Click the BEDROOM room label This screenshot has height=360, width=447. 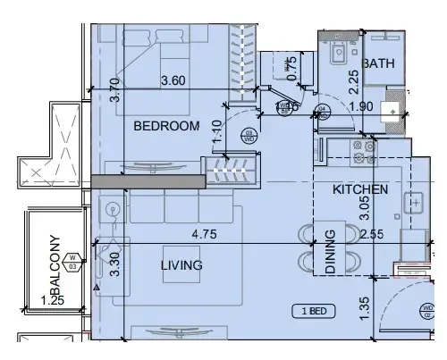[165, 127]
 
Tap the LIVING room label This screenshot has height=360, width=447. [181, 265]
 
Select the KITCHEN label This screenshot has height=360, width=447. [359, 190]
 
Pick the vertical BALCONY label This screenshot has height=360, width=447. [55, 264]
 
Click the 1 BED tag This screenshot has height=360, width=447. [313, 311]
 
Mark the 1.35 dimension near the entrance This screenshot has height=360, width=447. [363, 308]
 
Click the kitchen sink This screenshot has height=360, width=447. [416, 203]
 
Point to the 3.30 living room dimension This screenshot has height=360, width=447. [113, 264]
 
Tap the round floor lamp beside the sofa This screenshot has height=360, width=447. [113, 211]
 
